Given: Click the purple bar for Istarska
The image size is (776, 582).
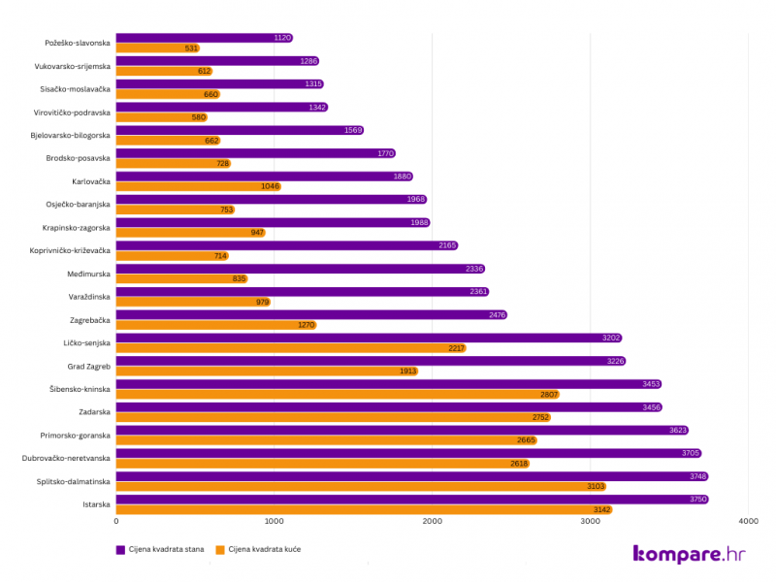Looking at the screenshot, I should point(412,500).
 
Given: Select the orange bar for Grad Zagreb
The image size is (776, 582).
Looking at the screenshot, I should point(267,371).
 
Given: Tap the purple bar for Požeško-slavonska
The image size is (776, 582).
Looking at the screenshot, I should point(204,38).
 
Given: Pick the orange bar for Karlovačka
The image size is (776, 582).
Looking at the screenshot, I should point(198,186).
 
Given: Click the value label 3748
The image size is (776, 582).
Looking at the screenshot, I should point(698,476).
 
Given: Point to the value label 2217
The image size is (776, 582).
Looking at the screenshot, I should point(456,347).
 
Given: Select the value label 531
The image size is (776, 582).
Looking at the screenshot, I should point(190,48).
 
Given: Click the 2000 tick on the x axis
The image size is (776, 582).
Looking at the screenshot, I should point(433,522).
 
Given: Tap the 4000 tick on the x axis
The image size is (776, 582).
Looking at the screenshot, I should point(747,522).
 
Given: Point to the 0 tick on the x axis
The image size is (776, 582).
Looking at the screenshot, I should point(117,522).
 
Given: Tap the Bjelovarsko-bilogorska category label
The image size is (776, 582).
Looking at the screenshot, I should point(71,135).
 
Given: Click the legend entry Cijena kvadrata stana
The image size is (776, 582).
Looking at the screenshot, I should point(165,549).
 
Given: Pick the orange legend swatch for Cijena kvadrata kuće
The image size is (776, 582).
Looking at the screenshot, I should point(220,549).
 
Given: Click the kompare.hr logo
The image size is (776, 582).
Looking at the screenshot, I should point(690,554).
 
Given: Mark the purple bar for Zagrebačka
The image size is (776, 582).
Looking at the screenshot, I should point(310,314).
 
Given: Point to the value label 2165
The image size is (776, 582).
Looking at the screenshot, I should point(446,245).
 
